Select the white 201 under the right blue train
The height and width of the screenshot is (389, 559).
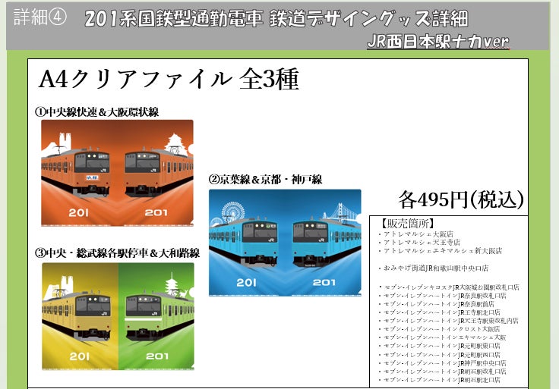323,282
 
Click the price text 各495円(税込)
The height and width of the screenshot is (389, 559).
461,199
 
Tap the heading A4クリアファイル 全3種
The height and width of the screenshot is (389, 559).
169,79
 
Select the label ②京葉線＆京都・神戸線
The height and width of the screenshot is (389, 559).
265,180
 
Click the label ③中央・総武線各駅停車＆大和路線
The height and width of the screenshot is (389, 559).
118,253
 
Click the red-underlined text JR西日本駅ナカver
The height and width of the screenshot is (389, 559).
437,41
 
